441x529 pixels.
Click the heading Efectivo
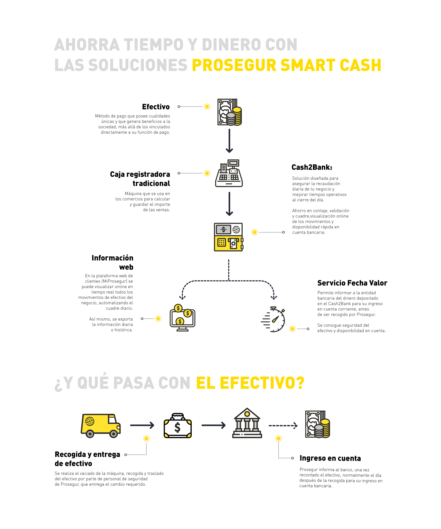point(156,107)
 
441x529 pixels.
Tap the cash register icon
point(229,173)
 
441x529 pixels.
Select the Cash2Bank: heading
point(312,167)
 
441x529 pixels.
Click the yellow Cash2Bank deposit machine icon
point(229,237)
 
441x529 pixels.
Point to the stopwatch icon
point(273,319)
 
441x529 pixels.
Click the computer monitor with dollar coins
point(182,318)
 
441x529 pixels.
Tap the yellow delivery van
point(101,426)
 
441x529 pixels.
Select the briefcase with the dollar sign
point(178,426)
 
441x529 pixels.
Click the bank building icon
point(247,423)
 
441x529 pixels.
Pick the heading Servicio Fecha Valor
point(352,283)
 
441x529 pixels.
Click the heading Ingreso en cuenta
point(330,458)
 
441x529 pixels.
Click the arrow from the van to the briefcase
point(142,425)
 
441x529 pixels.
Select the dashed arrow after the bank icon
point(283,426)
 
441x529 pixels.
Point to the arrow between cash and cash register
point(229,141)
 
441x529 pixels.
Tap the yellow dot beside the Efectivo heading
point(207,107)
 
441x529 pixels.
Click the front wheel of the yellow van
point(113,434)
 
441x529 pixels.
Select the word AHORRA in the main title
point(87,45)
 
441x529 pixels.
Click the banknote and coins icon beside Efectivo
point(229,112)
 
